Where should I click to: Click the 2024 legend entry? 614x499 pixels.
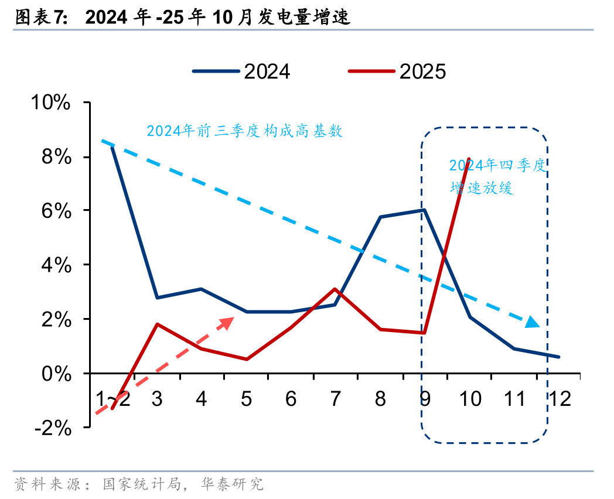[x=241, y=71]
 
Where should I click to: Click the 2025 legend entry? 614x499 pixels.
[x=397, y=71]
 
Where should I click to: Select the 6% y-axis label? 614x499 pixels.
[x=56, y=211]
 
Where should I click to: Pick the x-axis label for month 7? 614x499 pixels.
[x=335, y=399]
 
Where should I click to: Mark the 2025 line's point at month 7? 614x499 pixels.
[x=335, y=289]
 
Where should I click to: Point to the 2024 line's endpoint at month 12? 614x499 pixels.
[x=559, y=357]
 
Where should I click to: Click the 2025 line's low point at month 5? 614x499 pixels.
[x=246, y=359]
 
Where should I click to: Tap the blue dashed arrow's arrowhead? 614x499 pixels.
[x=532, y=322]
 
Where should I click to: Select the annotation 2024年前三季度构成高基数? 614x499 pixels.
[x=244, y=131]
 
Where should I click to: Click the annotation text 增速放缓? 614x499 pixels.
[x=482, y=188]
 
